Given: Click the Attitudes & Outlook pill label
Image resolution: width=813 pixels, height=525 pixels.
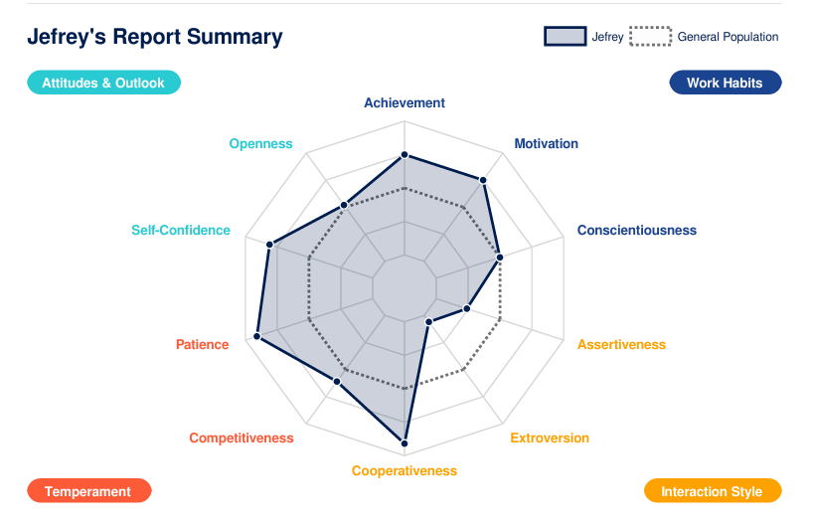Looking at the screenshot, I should (x=103, y=83).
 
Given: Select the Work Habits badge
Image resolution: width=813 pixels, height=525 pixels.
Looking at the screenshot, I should (x=725, y=83).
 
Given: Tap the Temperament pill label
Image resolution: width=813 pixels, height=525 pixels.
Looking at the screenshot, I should (x=88, y=491).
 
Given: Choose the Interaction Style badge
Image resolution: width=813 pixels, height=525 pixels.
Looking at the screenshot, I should (x=712, y=491).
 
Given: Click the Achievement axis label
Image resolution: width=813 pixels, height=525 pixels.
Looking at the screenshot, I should (x=405, y=102).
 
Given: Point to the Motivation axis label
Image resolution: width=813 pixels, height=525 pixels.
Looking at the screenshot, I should (x=546, y=143).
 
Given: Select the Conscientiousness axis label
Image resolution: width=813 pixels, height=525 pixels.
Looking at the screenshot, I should (x=636, y=230).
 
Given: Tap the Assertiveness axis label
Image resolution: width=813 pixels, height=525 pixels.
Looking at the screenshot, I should (x=621, y=344).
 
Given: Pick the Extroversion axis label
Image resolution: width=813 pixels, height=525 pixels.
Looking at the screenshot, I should (x=550, y=437).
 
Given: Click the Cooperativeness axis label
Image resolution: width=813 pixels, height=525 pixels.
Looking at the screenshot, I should (x=405, y=470).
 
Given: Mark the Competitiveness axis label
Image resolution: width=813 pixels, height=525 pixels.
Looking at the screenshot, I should (x=242, y=437).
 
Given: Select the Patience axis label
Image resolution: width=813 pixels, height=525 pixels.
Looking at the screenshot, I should (x=202, y=344).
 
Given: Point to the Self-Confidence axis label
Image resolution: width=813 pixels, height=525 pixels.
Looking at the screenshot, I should (x=181, y=230).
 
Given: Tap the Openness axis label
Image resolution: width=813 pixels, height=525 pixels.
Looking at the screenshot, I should (x=260, y=143).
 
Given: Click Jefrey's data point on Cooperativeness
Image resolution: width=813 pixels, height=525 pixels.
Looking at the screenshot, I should (x=405, y=442).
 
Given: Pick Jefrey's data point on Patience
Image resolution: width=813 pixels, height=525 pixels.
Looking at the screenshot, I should (x=257, y=337).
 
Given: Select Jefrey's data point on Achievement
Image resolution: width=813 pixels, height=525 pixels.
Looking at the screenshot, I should (x=405, y=155).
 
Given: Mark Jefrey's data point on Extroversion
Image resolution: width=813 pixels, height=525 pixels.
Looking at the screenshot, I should (x=428, y=321).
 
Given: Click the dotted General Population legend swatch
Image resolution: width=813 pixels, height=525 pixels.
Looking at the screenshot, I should (x=650, y=37).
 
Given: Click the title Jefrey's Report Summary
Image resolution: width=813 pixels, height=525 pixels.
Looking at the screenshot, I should (x=155, y=37).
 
